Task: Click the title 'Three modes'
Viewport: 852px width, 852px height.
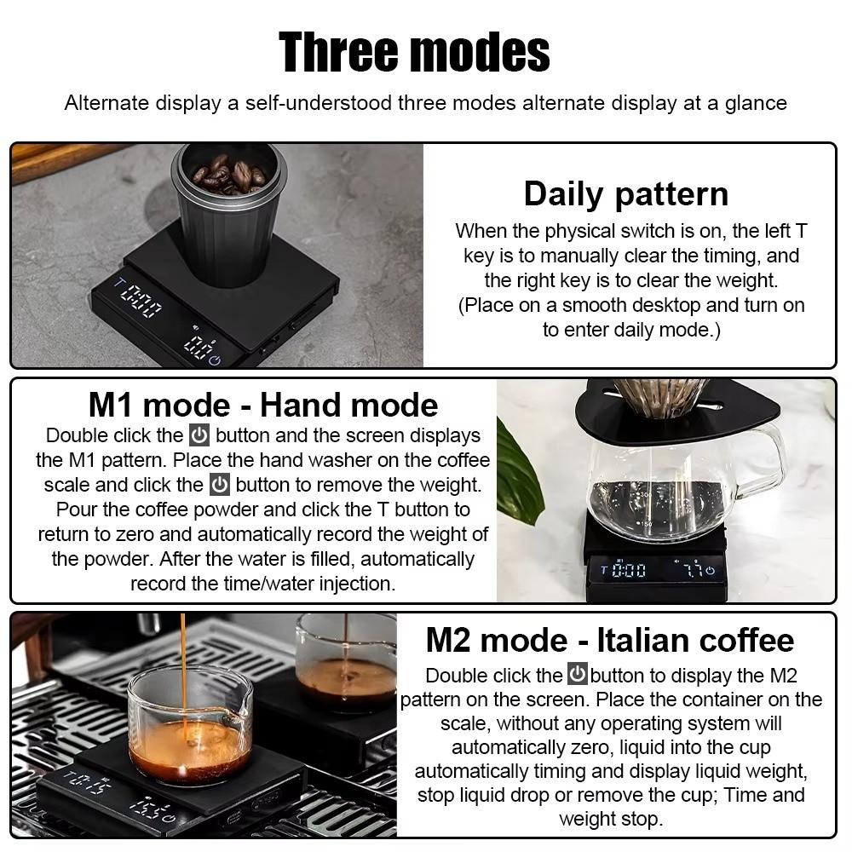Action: coord(415,52)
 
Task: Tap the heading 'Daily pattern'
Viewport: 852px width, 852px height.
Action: coord(626,194)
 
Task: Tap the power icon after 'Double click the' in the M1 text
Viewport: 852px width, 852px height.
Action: coord(199,435)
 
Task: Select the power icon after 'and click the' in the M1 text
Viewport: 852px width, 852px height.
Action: coord(220,485)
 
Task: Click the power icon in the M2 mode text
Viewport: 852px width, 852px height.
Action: coord(578,675)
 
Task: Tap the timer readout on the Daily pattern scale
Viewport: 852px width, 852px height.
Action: coord(140,302)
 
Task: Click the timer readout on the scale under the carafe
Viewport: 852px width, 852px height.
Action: coord(629,570)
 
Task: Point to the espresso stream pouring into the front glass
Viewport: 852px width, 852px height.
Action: coord(183,665)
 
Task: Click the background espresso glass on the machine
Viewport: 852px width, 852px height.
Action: coord(346,665)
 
